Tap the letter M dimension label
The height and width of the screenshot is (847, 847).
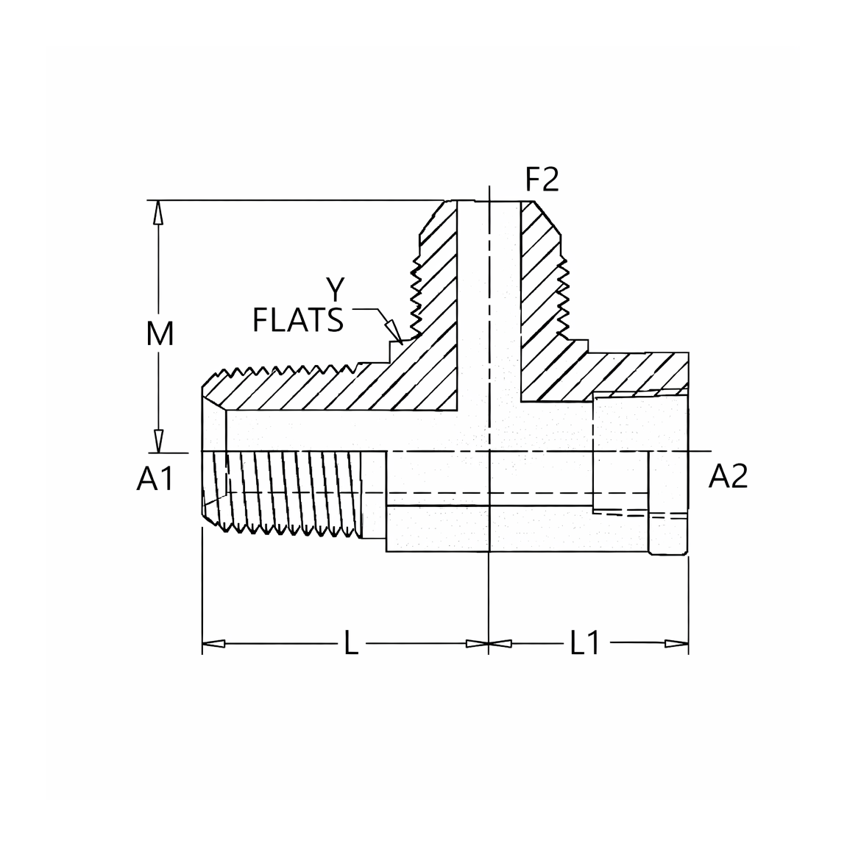pyautogui.click(x=160, y=334)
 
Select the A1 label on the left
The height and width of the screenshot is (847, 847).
pyautogui.click(x=155, y=478)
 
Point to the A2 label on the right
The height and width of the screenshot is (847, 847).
pyautogui.click(x=729, y=476)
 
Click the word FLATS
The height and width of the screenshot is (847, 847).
pyautogui.click(x=297, y=319)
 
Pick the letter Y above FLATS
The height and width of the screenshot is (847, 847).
pyautogui.click(x=336, y=289)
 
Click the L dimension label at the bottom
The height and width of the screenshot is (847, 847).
pyautogui.click(x=351, y=643)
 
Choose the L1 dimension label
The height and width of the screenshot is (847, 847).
pyautogui.click(x=585, y=643)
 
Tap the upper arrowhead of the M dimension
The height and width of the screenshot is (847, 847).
pyautogui.click(x=157, y=212)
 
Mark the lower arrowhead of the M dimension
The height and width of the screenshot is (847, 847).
pyautogui.click(x=157, y=440)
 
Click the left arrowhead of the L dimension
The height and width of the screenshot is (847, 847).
pyautogui.click(x=213, y=643)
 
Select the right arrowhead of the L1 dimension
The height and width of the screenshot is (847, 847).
pyautogui.click(x=677, y=643)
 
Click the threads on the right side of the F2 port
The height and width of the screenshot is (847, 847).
pyautogui.click(x=564, y=294)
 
